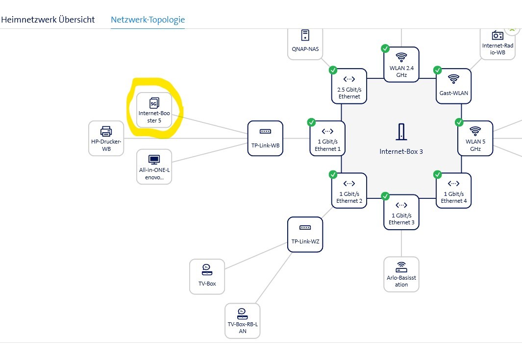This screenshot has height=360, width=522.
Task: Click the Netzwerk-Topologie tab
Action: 148,20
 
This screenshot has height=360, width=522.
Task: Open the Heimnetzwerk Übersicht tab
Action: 48,20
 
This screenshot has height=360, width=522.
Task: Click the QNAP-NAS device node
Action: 305,42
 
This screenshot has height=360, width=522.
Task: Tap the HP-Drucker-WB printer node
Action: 106,138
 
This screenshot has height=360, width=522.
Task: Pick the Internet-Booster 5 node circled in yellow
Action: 153,110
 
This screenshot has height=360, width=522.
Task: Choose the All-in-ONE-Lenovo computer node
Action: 154,167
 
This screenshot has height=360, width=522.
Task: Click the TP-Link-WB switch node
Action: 265,138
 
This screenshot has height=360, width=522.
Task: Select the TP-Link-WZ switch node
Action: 305,234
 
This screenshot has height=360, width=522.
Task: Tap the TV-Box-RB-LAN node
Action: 242,320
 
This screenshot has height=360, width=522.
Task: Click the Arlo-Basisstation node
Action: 401,274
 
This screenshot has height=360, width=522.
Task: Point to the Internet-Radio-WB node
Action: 497,43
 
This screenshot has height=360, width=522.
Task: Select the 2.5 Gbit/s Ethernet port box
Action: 349,86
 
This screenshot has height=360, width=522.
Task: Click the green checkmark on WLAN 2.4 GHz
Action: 385,48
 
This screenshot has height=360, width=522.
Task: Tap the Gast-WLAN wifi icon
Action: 453,78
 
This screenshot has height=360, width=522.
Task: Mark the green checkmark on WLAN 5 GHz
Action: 459,122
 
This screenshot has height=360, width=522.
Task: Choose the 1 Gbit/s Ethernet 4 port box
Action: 453,190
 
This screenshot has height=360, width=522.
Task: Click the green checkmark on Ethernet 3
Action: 385,196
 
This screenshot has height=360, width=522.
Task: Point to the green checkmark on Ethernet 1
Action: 311,122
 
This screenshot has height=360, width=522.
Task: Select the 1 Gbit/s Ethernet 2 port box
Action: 349,190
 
